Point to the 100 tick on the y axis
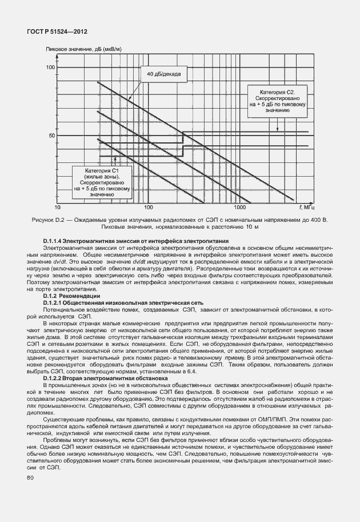coord(49,68)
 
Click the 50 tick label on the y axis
coord(51,136)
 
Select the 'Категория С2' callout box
coord(277,101)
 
